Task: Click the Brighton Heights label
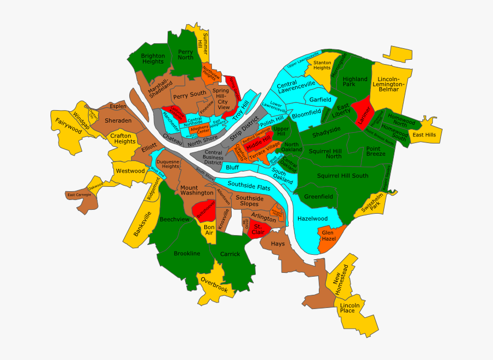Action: [x=152, y=59]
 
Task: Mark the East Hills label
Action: [x=424, y=135]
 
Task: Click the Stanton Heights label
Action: [x=322, y=65]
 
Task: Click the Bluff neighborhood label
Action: [x=232, y=167]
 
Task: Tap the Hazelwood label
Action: [x=312, y=219]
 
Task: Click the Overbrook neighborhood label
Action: [x=214, y=284]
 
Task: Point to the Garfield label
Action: [x=320, y=100]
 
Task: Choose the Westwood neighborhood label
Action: [x=130, y=171]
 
